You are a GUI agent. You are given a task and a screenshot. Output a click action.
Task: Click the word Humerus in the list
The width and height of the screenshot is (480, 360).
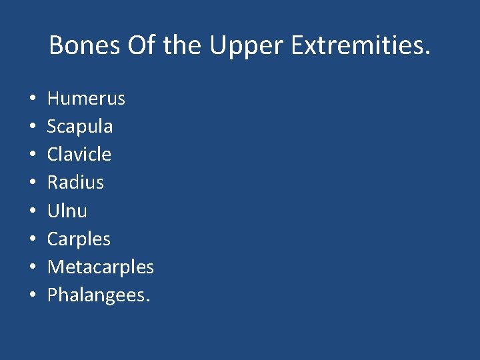click(x=86, y=99)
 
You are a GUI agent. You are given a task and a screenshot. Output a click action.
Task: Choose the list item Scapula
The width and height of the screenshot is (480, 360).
click(x=80, y=127)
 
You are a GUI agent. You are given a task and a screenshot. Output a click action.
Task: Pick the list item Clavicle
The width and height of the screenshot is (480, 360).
click(x=79, y=155)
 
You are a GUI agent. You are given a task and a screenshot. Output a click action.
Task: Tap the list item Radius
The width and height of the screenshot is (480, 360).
click(x=75, y=183)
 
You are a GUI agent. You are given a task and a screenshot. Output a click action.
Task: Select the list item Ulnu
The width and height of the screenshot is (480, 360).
click(x=67, y=211)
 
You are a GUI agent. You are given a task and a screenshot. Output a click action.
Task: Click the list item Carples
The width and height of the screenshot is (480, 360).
click(x=79, y=239)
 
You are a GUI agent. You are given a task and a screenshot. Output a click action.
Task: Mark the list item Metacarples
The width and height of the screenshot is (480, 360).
click(x=101, y=267)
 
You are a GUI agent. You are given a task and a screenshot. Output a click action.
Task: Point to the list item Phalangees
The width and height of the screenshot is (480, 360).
click(x=99, y=295)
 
